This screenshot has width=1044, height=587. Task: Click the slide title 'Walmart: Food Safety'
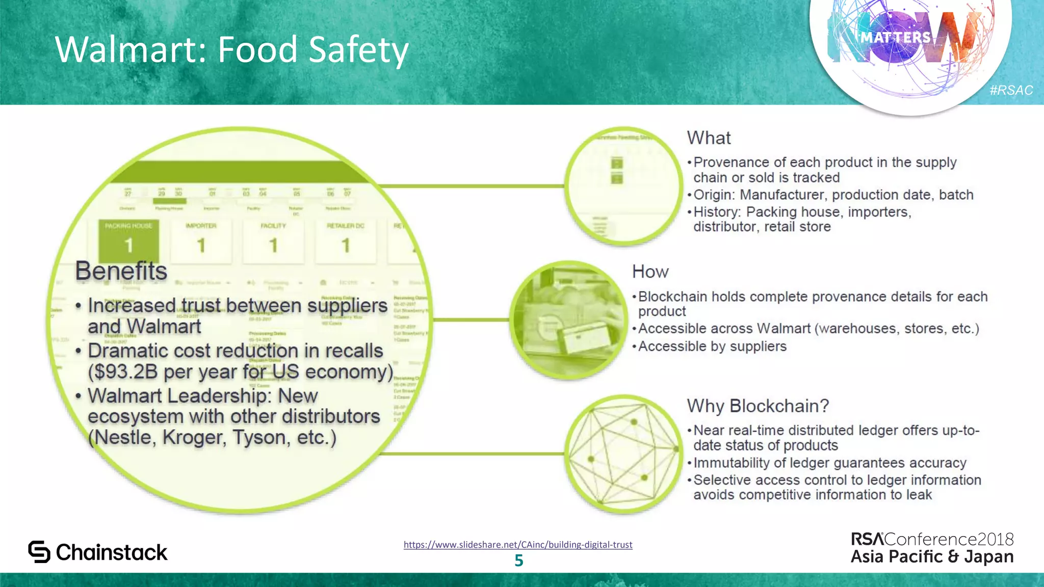(x=232, y=49)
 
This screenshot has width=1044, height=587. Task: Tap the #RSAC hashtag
(x=1011, y=90)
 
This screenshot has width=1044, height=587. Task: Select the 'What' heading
(x=709, y=138)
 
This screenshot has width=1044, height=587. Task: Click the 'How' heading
(x=650, y=272)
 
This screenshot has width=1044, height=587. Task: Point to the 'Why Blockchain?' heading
(x=758, y=406)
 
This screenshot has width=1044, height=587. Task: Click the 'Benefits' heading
(x=121, y=271)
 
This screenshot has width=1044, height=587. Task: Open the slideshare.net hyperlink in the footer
(x=518, y=544)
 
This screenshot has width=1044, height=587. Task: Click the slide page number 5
(x=519, y=561)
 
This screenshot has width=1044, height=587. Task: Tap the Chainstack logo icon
(x=39, y=552)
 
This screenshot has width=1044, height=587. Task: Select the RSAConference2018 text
(x=932, y=539)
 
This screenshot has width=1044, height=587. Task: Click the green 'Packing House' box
(x=128, y=241)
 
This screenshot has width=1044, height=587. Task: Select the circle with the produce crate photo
(x=568, y=320)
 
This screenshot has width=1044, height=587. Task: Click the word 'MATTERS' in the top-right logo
(x=896, y=37)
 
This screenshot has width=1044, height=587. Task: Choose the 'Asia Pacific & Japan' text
(x=932, y=556)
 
